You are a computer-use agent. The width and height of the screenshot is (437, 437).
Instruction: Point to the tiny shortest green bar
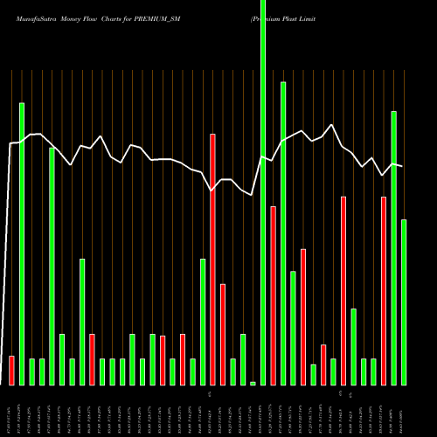tap(253, 383)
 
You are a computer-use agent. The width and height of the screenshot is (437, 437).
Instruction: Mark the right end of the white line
tap(402, 166)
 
